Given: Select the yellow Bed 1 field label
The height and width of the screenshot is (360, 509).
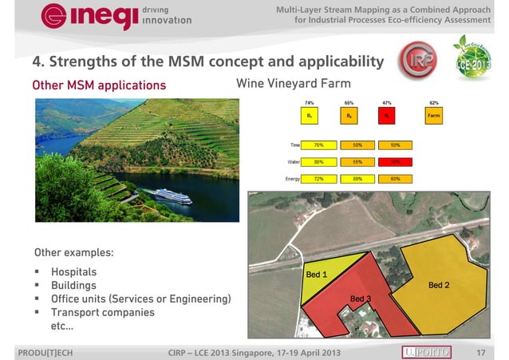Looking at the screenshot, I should [317, 274].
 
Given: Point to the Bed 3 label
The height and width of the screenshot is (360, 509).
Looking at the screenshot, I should [361, 299].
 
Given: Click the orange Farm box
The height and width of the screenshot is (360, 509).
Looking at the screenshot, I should [434, 117].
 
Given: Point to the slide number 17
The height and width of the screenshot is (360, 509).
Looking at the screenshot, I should [480, 352].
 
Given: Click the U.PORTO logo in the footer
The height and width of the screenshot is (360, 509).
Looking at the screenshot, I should [427, 352].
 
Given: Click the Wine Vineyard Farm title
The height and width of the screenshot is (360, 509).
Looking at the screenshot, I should [294, 84].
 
